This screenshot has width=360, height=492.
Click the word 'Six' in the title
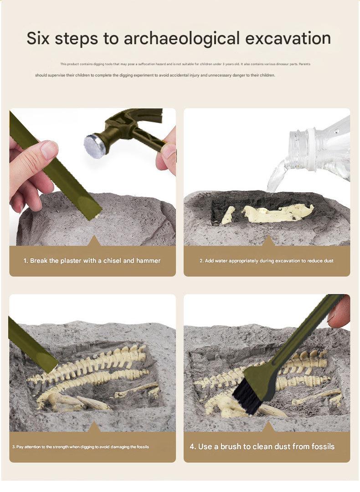38,38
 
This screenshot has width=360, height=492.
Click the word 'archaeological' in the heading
182,39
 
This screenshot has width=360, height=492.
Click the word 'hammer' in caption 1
148,261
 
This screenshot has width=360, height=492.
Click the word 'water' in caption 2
221,261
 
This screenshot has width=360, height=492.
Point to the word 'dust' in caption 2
328,261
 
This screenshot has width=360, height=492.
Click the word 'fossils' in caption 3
143,447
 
